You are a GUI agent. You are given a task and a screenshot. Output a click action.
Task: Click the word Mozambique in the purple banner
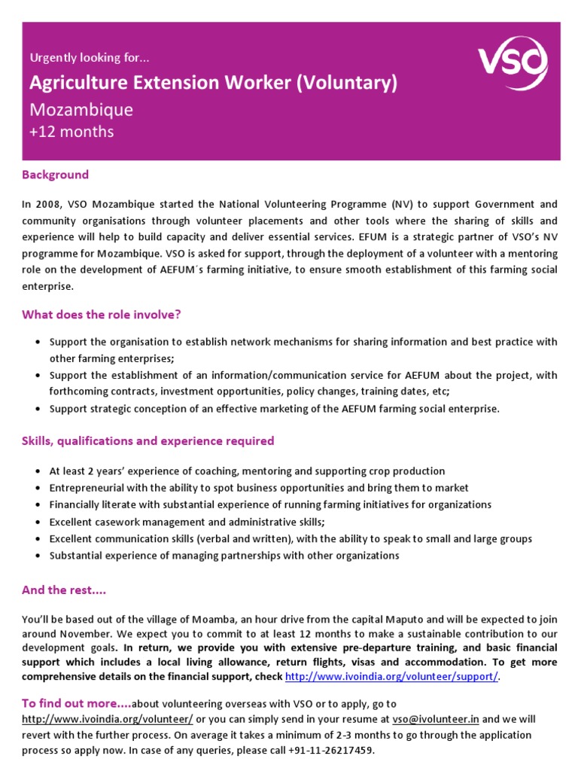(81, 110)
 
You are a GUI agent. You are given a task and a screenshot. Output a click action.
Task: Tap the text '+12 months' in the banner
(71, 132)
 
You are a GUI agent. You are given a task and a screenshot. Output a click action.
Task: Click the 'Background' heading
(55, 175)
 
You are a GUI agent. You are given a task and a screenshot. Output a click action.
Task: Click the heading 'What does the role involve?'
(102, 314)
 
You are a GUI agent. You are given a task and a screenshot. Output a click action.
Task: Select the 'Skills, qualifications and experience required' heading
(148, 440)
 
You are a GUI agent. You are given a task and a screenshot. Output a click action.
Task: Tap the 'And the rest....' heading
(64, 590)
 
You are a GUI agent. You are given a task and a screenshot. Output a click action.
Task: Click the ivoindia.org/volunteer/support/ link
(391, 676)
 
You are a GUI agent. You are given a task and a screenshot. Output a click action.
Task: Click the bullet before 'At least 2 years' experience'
(38, 471)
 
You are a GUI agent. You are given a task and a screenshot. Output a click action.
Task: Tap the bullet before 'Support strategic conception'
(38, 409)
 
